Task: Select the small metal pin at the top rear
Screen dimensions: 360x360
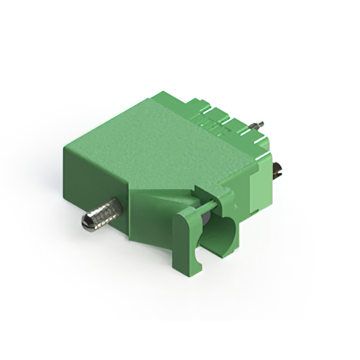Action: pos(260,124)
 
